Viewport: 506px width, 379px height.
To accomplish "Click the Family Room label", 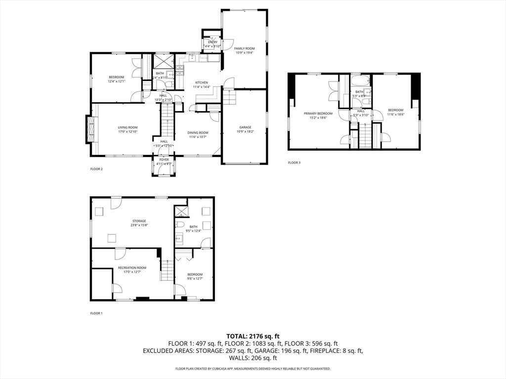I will [x=244, y=48].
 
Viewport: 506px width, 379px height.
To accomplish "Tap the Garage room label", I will [x=245, y=127].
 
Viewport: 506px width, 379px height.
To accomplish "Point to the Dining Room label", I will [x=198, y=132].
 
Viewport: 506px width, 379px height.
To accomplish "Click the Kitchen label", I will [x=201, y=82].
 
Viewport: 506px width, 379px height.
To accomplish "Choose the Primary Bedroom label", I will [x=318, y=114].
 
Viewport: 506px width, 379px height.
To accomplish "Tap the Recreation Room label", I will [x=132, y=267].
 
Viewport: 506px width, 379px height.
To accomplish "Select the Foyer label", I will [x=164, y=160].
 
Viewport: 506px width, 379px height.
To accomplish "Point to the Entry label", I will [x=212, y=42].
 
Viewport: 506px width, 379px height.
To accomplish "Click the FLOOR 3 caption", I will [x=294, y=162].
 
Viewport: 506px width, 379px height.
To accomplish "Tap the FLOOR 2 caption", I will [x=96, y=169].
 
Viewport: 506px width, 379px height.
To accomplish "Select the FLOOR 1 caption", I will [x=96, y=313].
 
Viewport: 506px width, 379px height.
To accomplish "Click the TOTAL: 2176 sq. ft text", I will [x=253, y=336].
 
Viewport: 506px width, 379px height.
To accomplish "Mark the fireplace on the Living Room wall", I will [x=89, y=129].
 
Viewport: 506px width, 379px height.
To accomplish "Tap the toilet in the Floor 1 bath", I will [x=180, y=224].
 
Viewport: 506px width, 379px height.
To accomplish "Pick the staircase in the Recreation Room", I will [x=167, y=271].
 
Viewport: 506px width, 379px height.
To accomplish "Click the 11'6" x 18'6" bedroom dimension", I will [x=396, y=114].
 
